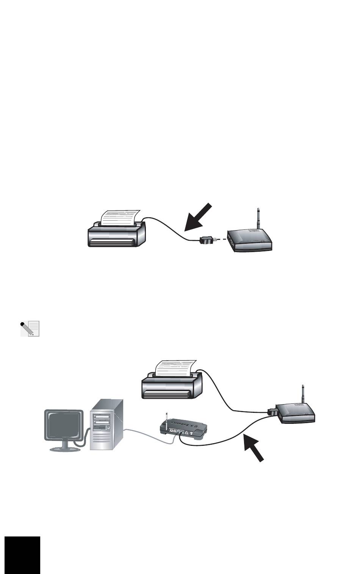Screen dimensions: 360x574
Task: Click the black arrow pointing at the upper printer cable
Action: pyautogui.click(x=198, y=217)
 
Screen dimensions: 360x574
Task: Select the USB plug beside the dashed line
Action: pyautogui.click(x=207, y=240)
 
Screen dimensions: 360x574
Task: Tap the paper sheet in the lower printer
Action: pyautogui.click(x=174, y=368)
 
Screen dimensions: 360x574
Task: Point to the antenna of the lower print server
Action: pyautogui.click(x=302, y=395)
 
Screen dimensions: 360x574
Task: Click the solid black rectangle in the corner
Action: pyautogui.click(x=23, y=555)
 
